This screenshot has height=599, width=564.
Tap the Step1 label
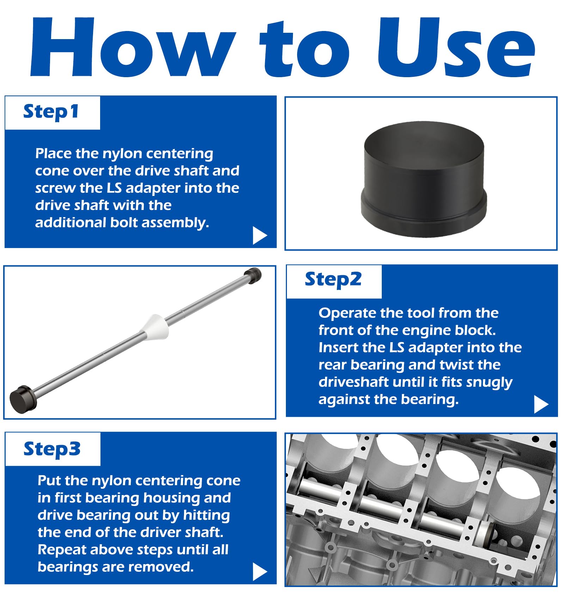coord(51,112)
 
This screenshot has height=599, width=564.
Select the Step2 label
coord(333,280)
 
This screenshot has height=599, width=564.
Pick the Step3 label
coord(52,449)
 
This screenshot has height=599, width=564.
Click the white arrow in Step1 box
coord(260,235)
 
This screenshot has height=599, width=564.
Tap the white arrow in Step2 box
coord(541,404)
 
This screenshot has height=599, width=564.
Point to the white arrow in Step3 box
coord(260,572)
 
